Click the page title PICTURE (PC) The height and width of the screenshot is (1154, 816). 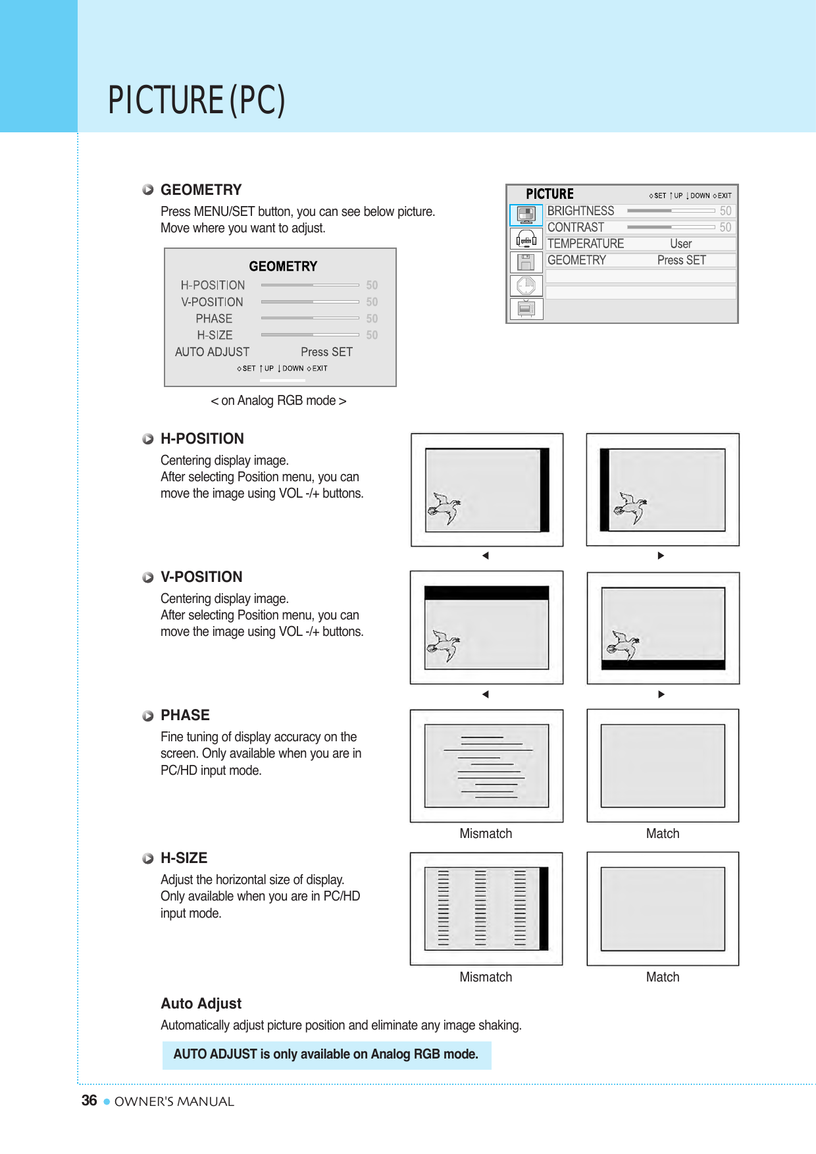[x=196, y=100]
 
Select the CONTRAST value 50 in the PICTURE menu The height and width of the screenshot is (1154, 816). [x=725, y=227]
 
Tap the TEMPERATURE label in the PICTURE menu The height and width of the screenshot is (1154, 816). [x=586, y=244]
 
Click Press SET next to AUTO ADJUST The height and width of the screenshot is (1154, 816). [x=326, y=352]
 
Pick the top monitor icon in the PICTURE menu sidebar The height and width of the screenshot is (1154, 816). [x=526, y=214]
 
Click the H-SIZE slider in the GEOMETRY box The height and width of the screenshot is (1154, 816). [x=310, y=335]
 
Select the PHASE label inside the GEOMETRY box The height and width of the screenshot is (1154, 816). [x=214, y=319]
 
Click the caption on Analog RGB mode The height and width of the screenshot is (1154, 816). [x=278, y=401]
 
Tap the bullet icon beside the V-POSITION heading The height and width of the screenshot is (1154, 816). [x=148, y=577]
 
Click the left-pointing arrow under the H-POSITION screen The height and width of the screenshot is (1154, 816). [x=486, y=556]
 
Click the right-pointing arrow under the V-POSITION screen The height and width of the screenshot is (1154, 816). [x=661, y=694]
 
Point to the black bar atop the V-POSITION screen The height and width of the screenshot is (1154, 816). [x=486, y=592]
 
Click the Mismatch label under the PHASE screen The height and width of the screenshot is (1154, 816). [x=486, y=833]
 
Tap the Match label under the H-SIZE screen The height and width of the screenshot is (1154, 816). [x=662, y=977]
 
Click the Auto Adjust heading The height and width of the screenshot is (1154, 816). [x=201, y=1003]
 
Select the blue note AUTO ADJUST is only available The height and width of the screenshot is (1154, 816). [x=326, y=1055]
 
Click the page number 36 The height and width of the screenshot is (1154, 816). [x=89, y=1101]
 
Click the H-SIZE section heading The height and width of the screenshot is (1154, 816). [x=184, y=858]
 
